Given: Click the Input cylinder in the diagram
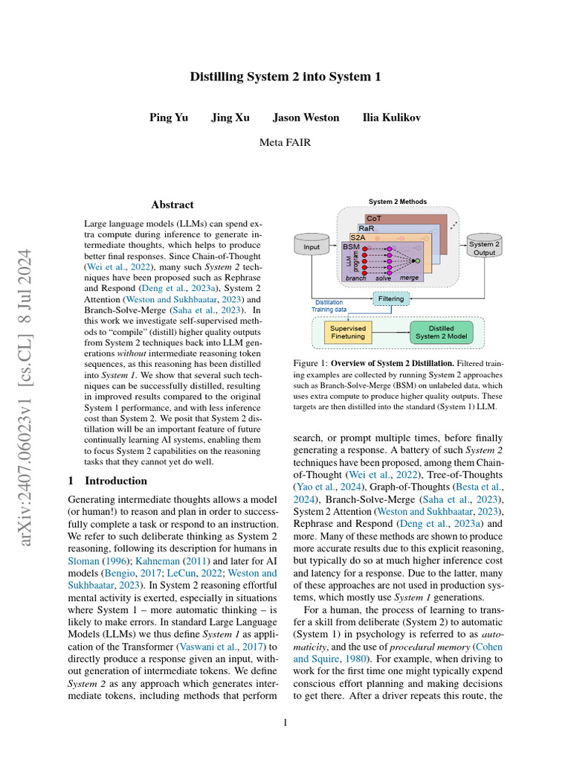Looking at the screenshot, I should [312, 247].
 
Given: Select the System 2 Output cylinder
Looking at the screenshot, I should [484, 249].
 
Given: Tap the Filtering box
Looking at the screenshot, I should [391, 298].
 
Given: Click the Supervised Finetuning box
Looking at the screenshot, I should [348, 332].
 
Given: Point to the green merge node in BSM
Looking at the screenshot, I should [417, 260].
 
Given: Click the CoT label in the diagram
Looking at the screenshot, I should [374, 219].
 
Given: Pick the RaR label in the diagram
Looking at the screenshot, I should [366, 228].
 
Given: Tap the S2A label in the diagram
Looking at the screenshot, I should [358, 237].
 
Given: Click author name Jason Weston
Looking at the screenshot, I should [306, 118].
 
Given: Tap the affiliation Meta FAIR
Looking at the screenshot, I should [285, 141].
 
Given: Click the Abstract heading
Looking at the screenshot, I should [172, 205].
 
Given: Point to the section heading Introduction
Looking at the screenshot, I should [107, 481].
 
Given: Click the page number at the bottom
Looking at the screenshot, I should [285, 722].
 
